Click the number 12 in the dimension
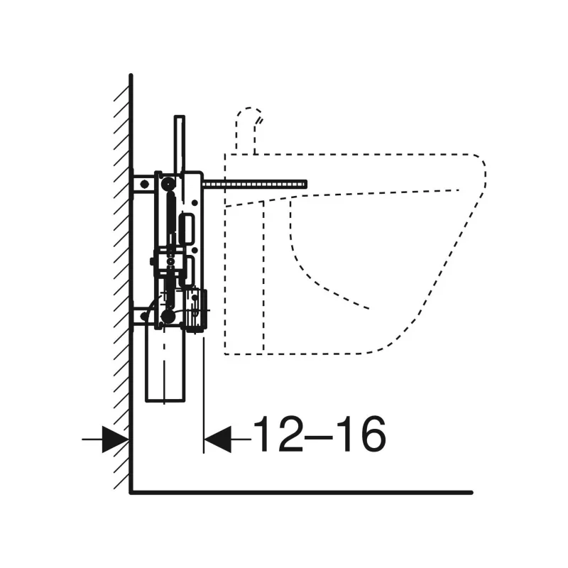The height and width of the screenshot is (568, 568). tap(278, 434)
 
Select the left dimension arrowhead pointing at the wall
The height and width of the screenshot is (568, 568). tap(115, 439)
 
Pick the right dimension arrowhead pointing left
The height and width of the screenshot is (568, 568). tap(217, 439)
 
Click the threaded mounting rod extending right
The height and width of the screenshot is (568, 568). tap(254, 185)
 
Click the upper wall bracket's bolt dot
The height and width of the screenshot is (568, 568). tap(144, 185)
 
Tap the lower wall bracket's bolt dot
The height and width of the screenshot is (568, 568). tap(144, 316)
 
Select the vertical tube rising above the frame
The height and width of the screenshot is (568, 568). tap(180, 144)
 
